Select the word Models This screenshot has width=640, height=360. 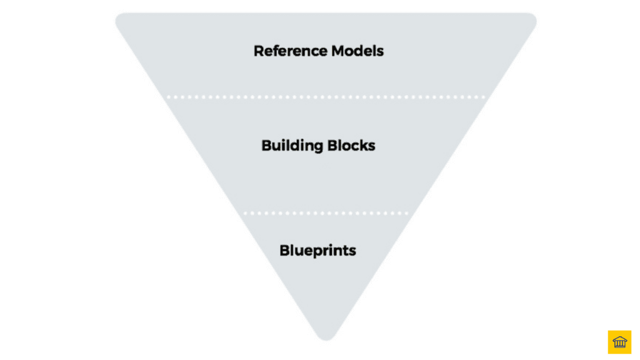tap(358, 51)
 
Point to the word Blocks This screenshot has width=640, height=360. tap(352, 146)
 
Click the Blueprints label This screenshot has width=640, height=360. tap(318, 251)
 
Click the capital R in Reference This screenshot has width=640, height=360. tap(258, 51)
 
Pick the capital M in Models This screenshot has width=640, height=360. tap(338, 51)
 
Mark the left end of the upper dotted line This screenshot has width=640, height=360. tap(168, 97)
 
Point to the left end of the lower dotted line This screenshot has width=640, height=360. tap(245, 213)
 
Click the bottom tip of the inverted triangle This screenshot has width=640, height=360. tap(326, 337)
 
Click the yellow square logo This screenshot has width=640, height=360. tap(619, 342)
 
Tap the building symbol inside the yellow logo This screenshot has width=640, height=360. tap(619, 342)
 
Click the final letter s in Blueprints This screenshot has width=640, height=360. tap(352, 251)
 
